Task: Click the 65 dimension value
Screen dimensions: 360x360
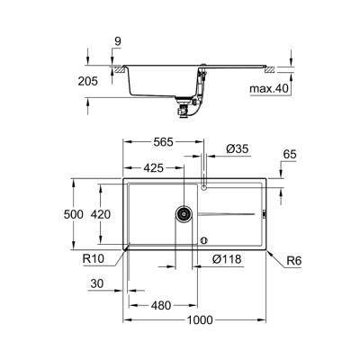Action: click(x=288, y=156)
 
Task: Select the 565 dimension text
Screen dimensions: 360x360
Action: click(x=162, y=142)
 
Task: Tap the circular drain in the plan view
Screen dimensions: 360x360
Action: click(x=184, y=213)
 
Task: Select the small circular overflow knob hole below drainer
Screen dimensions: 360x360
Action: click(x=204, y=240)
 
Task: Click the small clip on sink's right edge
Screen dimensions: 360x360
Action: click(x=263, y=214)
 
